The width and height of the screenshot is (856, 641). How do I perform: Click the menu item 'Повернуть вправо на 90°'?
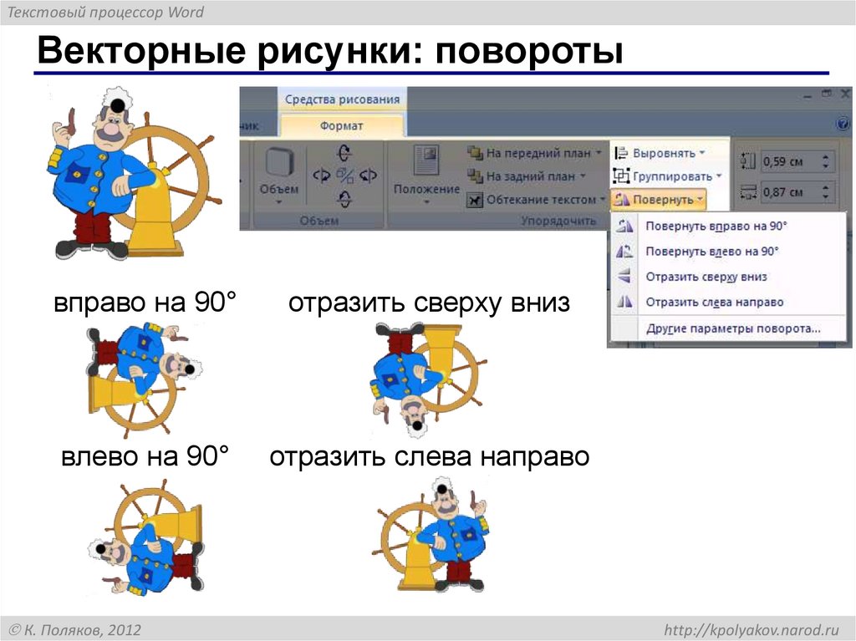coord(716,226)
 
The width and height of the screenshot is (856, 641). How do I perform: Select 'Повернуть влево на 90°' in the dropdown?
coord(712,251)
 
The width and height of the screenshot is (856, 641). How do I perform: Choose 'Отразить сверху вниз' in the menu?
coord(706,277)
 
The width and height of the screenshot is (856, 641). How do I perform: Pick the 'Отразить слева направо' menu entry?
coord(715,302)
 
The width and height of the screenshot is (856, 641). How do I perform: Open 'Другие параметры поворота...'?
coord(733,328)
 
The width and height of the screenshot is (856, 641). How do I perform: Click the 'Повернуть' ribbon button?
coord(660,200)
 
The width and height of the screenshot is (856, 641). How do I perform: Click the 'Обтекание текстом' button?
coord(538,200)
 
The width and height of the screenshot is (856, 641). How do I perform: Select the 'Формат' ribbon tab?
coord(341,125)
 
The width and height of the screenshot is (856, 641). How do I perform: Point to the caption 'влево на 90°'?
coord(145,457)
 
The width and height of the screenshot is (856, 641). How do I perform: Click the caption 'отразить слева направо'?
coord(430,457)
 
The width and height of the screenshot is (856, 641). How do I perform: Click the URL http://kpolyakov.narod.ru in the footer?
coord(751,629)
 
